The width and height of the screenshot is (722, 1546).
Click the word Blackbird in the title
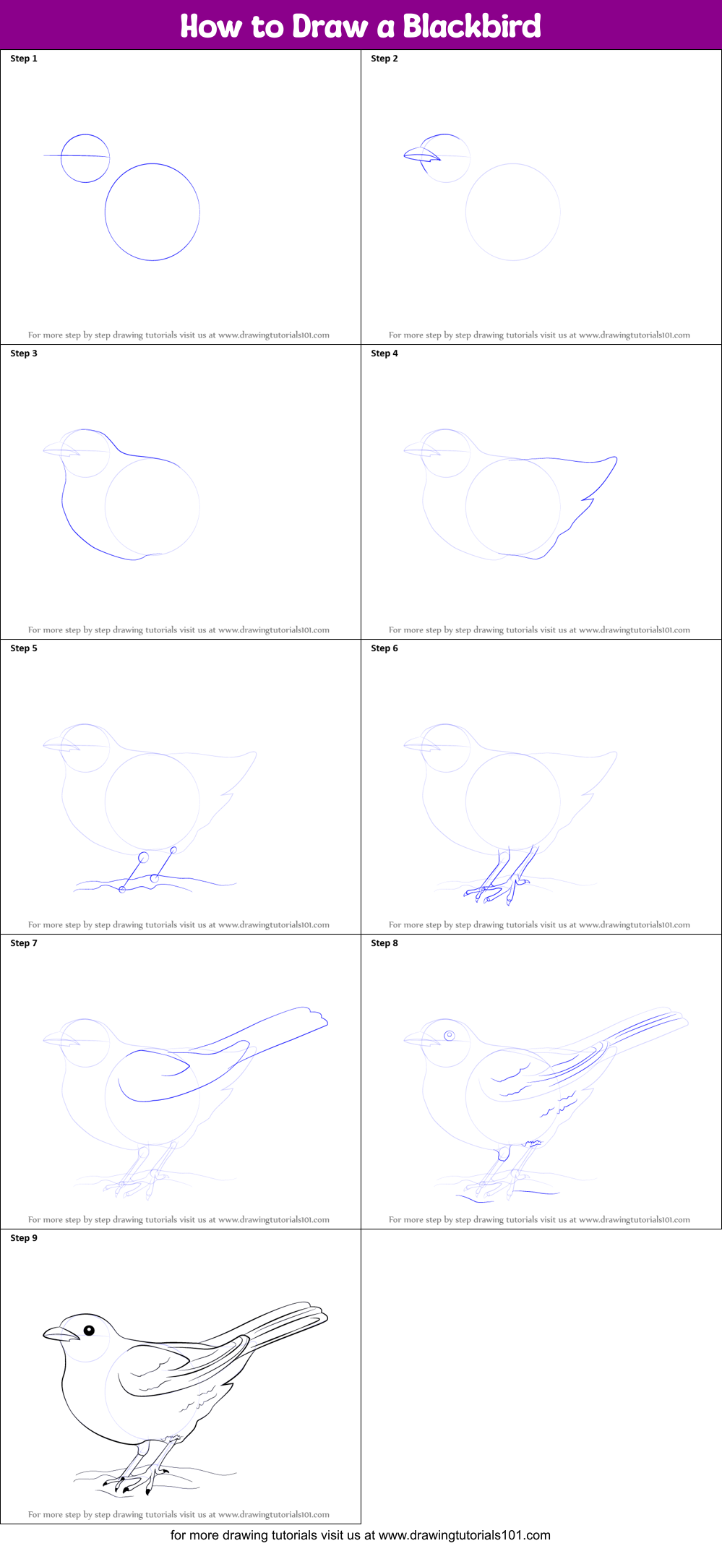point(471,26)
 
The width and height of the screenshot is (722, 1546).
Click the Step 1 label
point(24,59)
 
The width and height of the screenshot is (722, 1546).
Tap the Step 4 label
point(384,353)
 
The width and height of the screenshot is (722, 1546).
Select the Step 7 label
point(24,943)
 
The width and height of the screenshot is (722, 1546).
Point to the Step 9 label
point(24,1238)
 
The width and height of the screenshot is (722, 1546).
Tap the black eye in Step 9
point(89,1331)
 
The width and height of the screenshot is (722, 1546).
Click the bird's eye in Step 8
point(449,1036)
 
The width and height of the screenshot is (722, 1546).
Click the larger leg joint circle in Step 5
point(143,857)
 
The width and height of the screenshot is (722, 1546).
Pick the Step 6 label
point(384,648)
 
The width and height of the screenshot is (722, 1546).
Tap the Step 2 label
point(384,59)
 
